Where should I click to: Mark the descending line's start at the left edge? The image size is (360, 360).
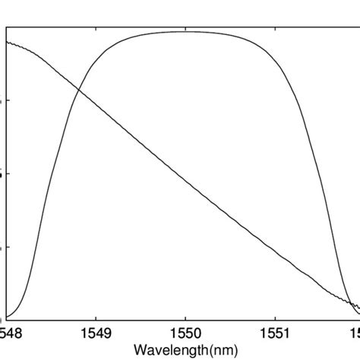[x=8, y=42]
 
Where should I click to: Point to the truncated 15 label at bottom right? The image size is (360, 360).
[x=355, y=333]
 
